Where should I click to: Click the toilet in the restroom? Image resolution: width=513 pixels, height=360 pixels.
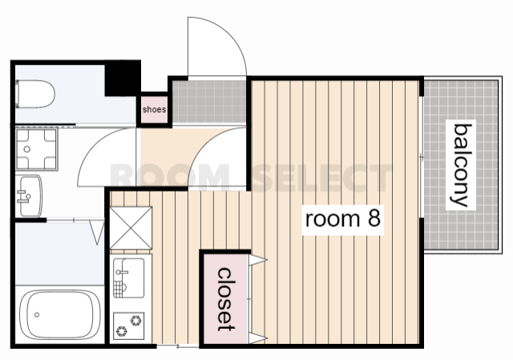(x=35, y=94)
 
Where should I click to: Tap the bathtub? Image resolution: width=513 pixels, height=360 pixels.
(x=60, y=315)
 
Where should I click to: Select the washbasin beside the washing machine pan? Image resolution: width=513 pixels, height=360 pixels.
(x=29, y=196)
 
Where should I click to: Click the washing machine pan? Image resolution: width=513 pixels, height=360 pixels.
(x=37, y=149)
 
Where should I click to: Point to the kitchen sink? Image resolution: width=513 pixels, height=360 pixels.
(x=128, y=278)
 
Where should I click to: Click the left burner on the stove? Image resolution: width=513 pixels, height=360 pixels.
(x=122, y=331)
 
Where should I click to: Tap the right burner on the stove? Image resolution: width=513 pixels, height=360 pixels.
(x=136, y=320)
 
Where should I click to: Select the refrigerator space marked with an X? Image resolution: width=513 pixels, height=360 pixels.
(x=131, y=228)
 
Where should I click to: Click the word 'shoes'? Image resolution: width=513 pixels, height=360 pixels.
(x=154, y=109)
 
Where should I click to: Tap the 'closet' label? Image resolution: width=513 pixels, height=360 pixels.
(x=226, y=299)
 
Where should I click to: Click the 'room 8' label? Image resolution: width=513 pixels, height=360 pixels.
(x=342, y=219)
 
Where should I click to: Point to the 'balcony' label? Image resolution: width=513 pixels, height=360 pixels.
(x=461, y=165)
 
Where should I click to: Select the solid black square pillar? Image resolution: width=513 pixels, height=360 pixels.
(x=123, y=79)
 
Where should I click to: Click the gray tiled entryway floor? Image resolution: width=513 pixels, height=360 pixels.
(x=209, y=102)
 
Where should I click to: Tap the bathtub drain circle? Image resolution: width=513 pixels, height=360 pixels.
(x=37, y=315)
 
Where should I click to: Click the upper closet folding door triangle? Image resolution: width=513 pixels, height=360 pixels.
(x=258, y=261)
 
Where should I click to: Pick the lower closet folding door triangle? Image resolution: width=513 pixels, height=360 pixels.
(x=258, y=338)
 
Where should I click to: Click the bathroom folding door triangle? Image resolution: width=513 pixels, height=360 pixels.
(x=97, y=233)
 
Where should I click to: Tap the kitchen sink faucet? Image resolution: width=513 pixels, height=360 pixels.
(x=121, y=272)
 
